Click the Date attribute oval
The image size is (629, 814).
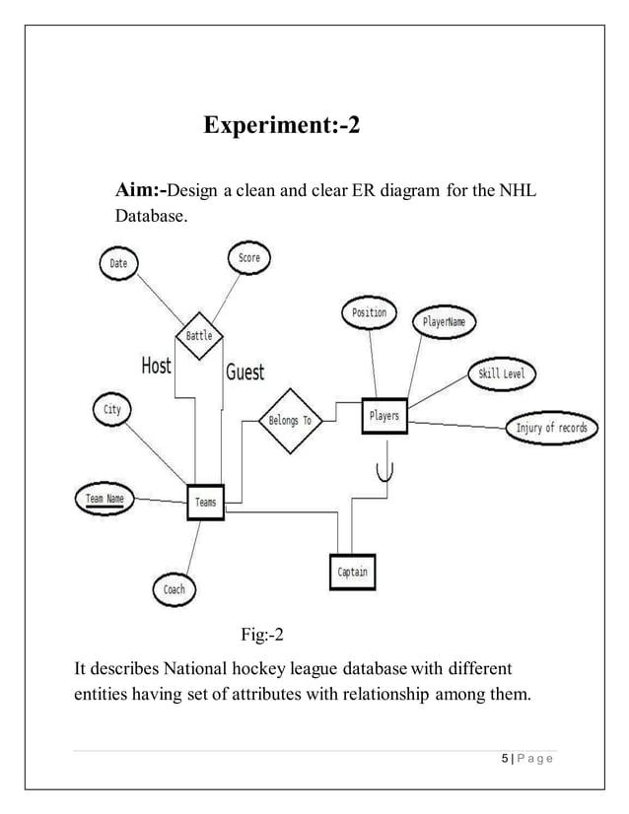118,264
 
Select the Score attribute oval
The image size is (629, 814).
248,258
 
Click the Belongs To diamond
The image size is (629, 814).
290,420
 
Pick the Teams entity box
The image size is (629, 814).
205,503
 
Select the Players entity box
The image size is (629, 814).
384,416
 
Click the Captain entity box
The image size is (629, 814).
352,572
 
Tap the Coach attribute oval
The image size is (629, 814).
174,589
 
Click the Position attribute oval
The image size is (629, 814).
369,313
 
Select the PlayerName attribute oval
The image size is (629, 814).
445,321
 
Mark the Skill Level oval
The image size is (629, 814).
502,373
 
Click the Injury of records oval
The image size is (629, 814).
551,428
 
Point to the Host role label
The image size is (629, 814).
156,366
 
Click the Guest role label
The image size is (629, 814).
245,372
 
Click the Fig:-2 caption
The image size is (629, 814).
263,633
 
